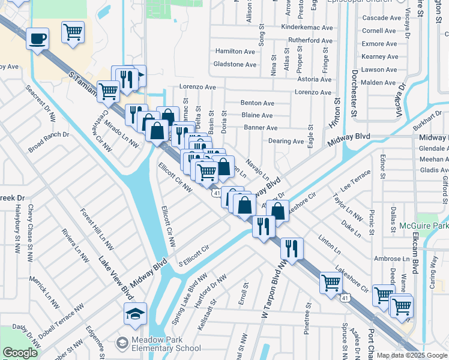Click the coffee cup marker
(37, 39)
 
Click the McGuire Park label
(423, 227)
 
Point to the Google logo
(20, 352)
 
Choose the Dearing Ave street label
(286, 142)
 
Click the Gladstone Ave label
(235, 65)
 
